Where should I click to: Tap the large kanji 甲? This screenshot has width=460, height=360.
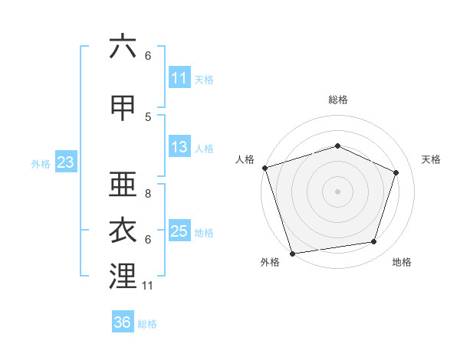(x=123, y=108)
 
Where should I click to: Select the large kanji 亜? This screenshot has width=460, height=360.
(x=123, y=184)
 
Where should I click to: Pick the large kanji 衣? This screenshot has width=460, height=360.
(x=123, y=230)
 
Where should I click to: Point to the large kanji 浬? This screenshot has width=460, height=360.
(x=123, y=276)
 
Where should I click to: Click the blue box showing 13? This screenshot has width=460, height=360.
(x=179, y=146)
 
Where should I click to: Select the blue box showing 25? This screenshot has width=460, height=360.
(x=179, y=230)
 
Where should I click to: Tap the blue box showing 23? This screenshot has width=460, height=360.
(x=66, y=162)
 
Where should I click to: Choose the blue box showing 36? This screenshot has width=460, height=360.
(x=123, y=321)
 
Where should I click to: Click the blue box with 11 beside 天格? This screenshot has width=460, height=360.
(x=179, y=77)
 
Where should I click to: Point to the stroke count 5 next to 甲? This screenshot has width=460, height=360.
(x=148, y=117)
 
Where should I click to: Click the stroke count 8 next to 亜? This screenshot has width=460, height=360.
(x=148, y=194)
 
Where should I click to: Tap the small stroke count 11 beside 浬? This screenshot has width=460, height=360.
(x=147, y=286)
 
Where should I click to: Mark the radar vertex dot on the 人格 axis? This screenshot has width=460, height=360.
(x=265, y=168)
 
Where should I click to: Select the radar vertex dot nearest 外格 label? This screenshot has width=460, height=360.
(x=292, y=254)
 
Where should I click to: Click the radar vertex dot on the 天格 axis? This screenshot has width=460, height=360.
(x=396, y=172)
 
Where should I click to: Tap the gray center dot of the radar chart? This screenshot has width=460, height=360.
(x=337, y=191)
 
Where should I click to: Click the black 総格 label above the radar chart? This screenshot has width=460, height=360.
(x=338, y=100)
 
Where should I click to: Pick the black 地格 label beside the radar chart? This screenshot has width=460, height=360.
(x=402, y=262)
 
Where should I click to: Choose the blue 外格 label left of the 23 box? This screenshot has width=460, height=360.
(x=41, y=164)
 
